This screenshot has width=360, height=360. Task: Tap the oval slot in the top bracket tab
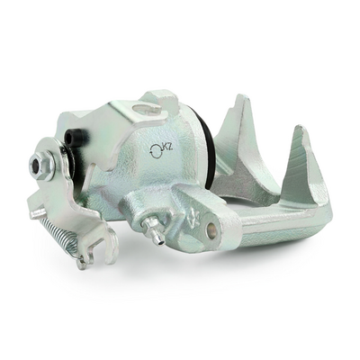coord(143,109)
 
